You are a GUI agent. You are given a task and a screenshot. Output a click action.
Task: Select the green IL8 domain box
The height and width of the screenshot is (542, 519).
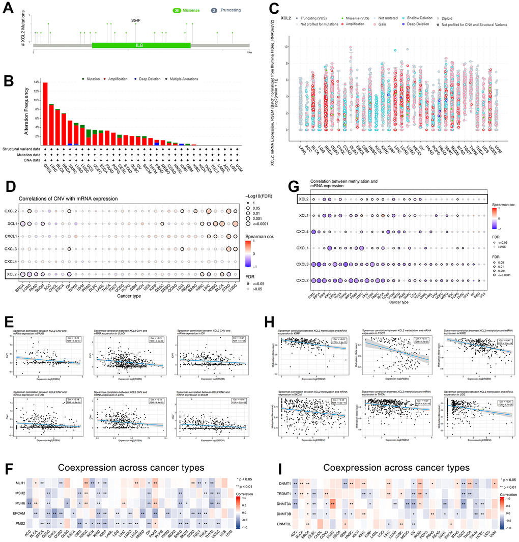[x=141, y=45]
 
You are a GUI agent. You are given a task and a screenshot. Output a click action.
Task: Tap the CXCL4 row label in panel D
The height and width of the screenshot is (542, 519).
[x=11, y=261]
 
